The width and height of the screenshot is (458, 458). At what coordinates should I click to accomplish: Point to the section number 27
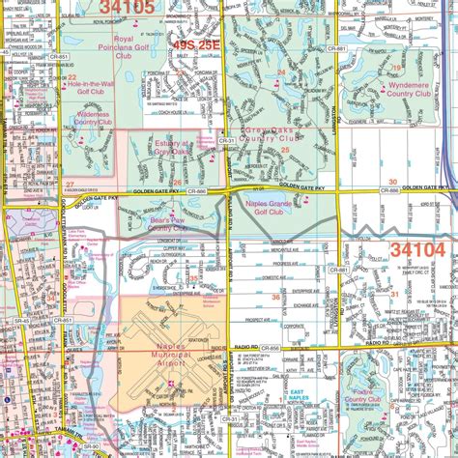tap(71, 183)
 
